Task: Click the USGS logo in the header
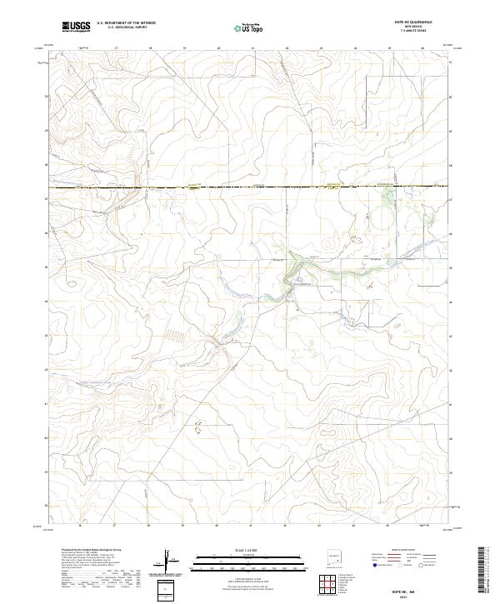pos(76,27)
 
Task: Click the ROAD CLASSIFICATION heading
pos(404,551)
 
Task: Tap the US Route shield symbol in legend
pos(401,564)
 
